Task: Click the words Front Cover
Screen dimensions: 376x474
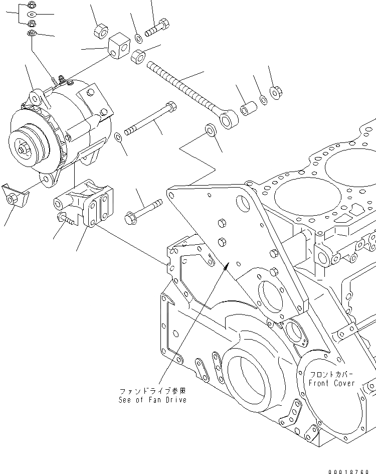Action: [331, 383]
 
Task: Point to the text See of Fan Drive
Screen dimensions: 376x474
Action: [152, 400]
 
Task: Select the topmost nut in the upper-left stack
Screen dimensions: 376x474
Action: [30, 6]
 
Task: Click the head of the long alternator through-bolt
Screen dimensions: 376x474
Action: [171, 106]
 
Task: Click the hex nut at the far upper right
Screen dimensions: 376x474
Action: [276, 92]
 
